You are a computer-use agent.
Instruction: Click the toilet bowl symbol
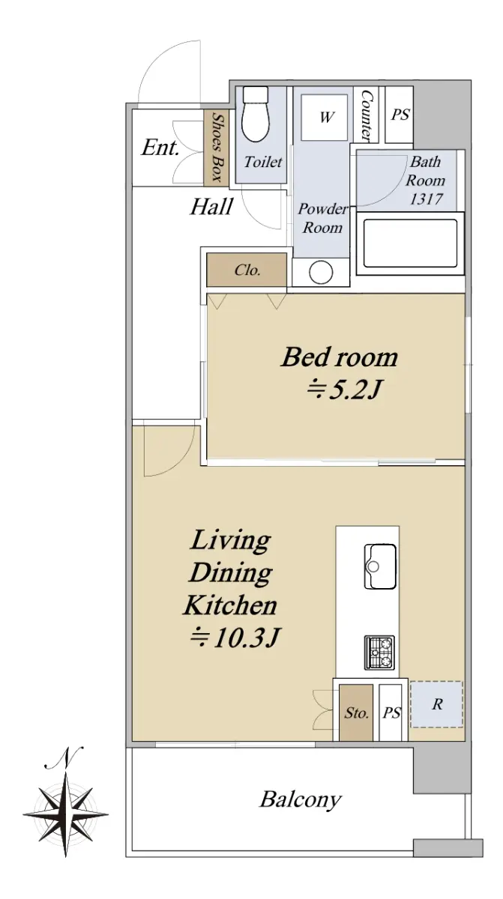(x=255, y=115)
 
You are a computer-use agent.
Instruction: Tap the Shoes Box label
(x=217, y=147)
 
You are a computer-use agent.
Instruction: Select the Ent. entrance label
(x=160, y=148)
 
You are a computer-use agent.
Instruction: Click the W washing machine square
(x=325, y=117)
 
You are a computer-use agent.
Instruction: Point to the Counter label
(x=367, y=115)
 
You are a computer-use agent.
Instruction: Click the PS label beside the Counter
(x=400, y=115)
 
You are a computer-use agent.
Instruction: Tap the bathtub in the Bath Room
(x=410, y=243)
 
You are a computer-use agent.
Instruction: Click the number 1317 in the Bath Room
(x=426, y=199)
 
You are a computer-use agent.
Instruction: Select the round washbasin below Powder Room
(x=321, y=272)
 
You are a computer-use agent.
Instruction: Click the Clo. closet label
(x=247, y=270)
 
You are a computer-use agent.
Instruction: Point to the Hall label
(x=211, y=207)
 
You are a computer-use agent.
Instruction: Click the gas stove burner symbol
(x=379, y=653)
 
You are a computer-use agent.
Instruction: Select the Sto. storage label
(x=357, y=712)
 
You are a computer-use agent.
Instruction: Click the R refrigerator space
(x=437, y=704)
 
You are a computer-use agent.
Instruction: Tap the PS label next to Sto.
(x=391, y=713)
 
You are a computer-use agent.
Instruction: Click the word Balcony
(x=301, y=800)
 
